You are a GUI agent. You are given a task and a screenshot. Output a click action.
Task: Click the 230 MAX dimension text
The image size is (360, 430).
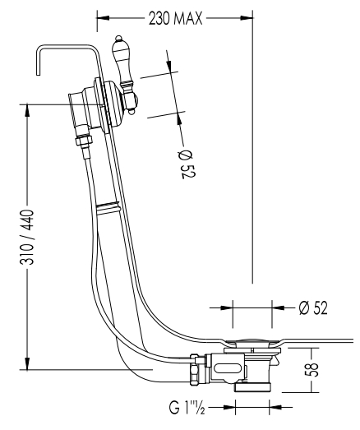(175, 18)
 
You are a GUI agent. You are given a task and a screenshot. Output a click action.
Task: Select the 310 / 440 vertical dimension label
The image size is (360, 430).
(27, 237)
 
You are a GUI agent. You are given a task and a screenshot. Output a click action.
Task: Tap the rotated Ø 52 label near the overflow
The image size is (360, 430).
(187, 164)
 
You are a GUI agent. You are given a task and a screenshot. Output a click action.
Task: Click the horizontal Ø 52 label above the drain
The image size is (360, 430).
(313, 307)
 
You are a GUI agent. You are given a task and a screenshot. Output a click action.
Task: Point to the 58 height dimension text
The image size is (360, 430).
(312, 369)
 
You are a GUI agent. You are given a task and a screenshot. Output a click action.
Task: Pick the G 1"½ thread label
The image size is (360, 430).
(187, 408)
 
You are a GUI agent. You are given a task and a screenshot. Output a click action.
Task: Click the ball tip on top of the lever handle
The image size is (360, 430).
(118, 38)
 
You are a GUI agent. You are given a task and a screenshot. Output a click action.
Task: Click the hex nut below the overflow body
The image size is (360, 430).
(83, 140)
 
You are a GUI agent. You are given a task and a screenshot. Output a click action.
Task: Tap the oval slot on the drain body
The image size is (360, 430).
(228, 368)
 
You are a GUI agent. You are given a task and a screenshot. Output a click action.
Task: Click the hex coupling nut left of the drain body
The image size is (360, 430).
(197, 369)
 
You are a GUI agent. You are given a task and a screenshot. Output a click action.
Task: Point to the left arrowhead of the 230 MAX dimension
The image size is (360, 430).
(103, 18)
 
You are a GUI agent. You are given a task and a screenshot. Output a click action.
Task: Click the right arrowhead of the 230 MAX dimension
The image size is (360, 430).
(247, 18)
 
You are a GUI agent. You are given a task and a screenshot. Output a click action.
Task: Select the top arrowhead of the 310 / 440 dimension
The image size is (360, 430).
(27, 110)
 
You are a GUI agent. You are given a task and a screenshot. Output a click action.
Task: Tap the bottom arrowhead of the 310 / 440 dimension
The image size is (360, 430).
(27, 363)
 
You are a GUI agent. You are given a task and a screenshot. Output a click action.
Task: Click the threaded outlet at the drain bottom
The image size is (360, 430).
(252, 387)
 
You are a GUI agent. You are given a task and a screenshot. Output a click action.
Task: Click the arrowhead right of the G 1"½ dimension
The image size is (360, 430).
(275, 407)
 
